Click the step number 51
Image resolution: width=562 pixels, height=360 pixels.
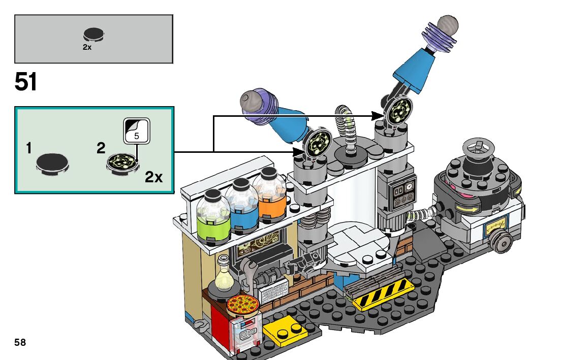click(x=26, y=82)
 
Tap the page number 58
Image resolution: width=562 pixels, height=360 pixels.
click(x=20, y=342)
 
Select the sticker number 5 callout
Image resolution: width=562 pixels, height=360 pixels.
click(x=136, y=131)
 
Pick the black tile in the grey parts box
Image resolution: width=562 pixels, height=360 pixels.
click(x=93, y=35)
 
